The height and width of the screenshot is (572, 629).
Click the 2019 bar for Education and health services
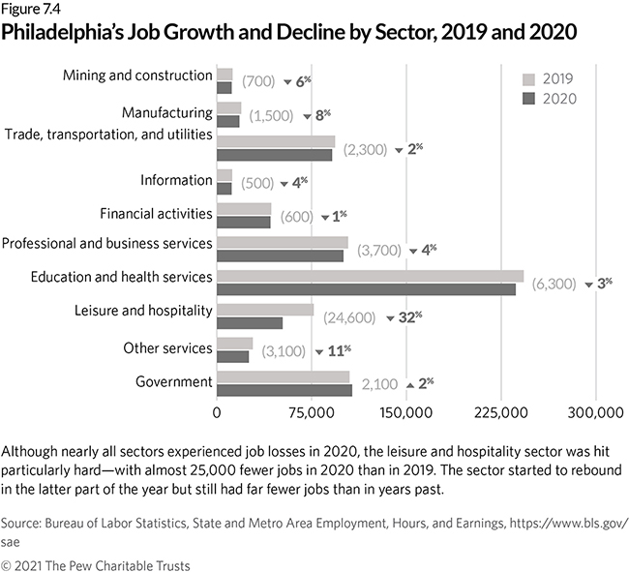point(370,276)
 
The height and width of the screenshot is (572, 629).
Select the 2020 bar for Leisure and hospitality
point(250,323)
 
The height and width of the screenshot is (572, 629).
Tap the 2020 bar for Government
point(285,389)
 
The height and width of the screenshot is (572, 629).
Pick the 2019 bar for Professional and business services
point(283,242)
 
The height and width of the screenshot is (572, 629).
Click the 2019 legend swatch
point(527,78)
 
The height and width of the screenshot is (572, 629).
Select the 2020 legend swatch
point(527,98)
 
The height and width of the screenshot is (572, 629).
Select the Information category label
point(175,180)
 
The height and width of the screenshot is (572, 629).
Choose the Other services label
point(167,347)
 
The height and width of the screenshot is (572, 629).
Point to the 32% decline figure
point(410,316)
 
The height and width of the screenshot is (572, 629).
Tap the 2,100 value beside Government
point(379,384)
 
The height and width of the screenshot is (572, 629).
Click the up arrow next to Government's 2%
point(409,385)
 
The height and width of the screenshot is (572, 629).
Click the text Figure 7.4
point(29,10)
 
